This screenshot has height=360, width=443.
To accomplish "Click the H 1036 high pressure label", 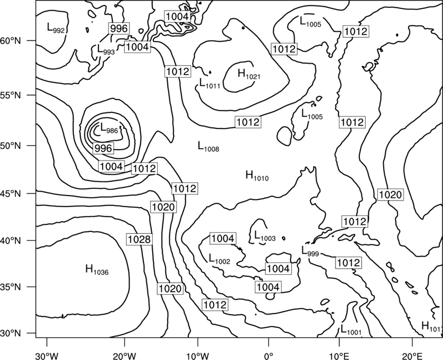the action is (97, 270).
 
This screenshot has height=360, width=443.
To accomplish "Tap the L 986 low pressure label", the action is (109, 128).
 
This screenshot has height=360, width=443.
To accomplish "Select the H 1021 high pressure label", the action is (249, 74).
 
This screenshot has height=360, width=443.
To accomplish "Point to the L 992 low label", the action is (56, 28).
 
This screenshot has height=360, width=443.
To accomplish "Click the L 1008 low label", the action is (208, 146).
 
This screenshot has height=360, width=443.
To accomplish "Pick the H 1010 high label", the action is (257, 176).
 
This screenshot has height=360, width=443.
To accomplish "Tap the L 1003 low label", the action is (265, 236).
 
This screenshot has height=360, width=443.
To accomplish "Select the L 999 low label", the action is (310, 251).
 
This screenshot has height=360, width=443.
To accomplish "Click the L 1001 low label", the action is (351, 330).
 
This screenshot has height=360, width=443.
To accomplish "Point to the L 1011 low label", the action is (210, 83).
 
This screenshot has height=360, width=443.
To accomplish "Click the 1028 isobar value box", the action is (139, 239).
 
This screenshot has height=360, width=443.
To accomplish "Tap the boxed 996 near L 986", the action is (103, 148).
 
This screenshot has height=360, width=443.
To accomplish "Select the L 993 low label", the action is (106, 49).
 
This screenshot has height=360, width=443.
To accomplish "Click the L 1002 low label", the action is (219, 259).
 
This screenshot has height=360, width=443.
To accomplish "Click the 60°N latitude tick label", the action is (11, 40).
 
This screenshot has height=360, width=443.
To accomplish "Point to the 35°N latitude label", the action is (11, 287).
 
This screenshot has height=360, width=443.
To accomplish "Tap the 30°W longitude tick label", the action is (47, 356).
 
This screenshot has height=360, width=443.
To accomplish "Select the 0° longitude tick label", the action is (269, 356).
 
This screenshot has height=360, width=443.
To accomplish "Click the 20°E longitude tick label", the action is (412, 356).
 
